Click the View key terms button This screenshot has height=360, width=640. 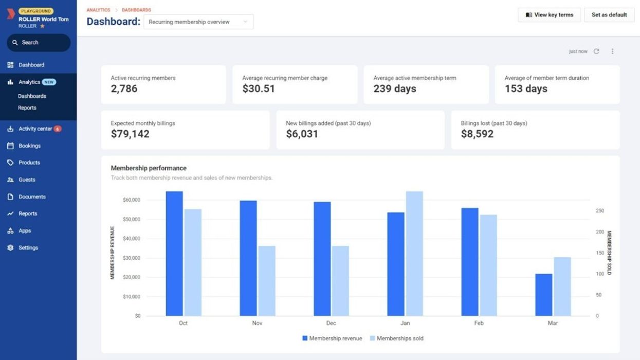pyautogui.click(x=549, y=15)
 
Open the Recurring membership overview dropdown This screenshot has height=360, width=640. pyautogui.click(x=198, y=22)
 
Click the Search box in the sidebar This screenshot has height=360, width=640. pyautogui.click(x=39, y=43)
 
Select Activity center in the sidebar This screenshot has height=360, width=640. pyautogui.click(x=35, y=129)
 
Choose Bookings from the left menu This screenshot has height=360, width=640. pyautogui.click(x=29, y=146)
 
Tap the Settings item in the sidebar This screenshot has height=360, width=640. pyautogui.click(x=28, y=248)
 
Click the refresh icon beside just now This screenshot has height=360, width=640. pyautogui.click(x=596, y=51)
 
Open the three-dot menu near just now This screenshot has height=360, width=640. pyautogui.click(x=612, y=51)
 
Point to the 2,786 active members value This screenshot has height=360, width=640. pyautogui.click(x=124, y=88)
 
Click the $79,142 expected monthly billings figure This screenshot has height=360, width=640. pyautogui.click(x=130, y=134)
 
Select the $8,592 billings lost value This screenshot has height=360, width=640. pyautogui.click(x=477, y=134)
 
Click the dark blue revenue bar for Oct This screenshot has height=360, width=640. pyautogui.click(x=174, y=254)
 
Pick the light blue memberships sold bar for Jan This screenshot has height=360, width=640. pyautogui.click(x=414, y=254)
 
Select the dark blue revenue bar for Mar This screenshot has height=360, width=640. pyautogui.click(x=544, y=295)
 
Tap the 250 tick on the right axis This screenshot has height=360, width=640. pyautogui.click(x=599, y=211)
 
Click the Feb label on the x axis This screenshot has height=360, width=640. pyautogui.click(x=479, y=323)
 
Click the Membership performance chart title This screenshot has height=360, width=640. pyautogui.click(x=149, y=168)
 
